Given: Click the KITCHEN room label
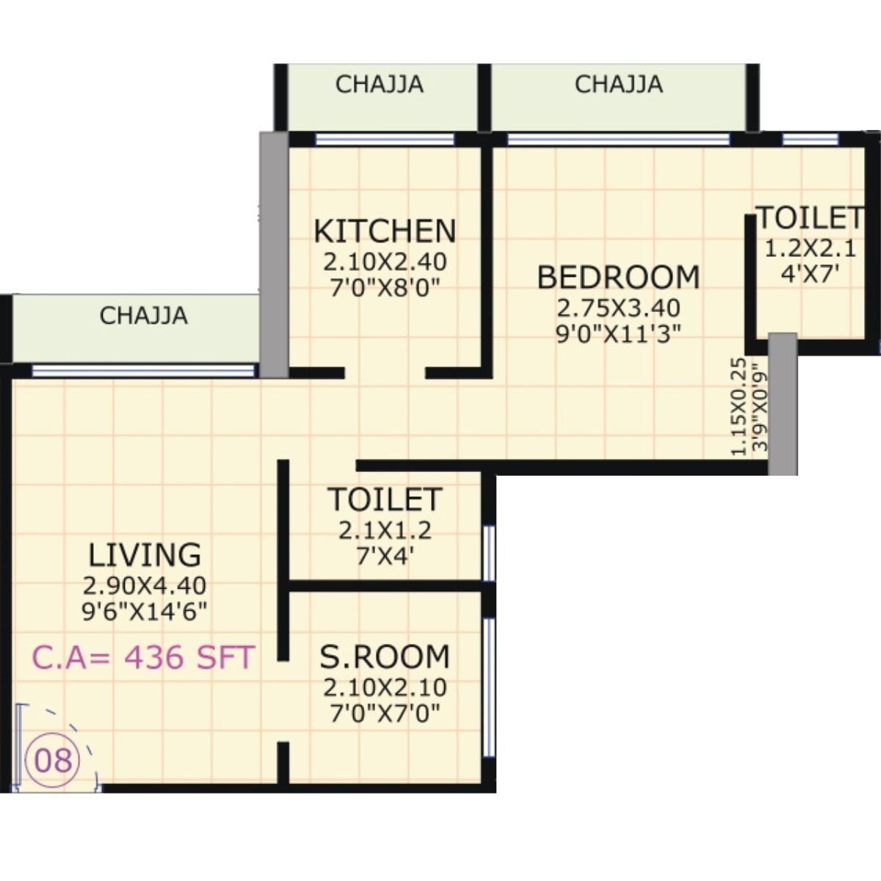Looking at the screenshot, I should [x=385, y=231].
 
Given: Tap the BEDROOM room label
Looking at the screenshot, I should [x=618, y=278].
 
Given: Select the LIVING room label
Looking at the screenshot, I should [x=145, y=554].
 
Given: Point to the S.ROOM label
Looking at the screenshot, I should [x=385, y=656].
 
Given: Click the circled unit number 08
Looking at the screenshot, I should [x=54, y=759].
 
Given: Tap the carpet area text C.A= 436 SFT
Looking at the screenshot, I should [x=143, y=657].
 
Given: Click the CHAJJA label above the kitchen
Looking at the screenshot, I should [x=379, y=84].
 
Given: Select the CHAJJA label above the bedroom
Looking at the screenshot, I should [x=618, y=84].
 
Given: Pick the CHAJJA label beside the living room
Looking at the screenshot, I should [x=143, y=316].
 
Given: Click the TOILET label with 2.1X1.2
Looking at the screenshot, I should [x=385, y=499].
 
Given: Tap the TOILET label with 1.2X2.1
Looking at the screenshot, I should [x=810, y=218].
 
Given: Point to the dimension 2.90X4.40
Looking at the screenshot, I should [x=145, y=586].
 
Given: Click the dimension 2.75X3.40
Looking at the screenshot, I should [x=618, y=307].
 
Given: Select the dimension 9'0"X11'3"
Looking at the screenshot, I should [x=618, y=334].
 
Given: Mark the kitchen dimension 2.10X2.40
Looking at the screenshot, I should [x=385, y=261].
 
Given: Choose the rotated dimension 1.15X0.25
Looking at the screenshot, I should [x=740, y=406].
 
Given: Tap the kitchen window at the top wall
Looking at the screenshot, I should [x=385, y=139].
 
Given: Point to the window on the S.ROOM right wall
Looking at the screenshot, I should [x=489, y=687].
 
